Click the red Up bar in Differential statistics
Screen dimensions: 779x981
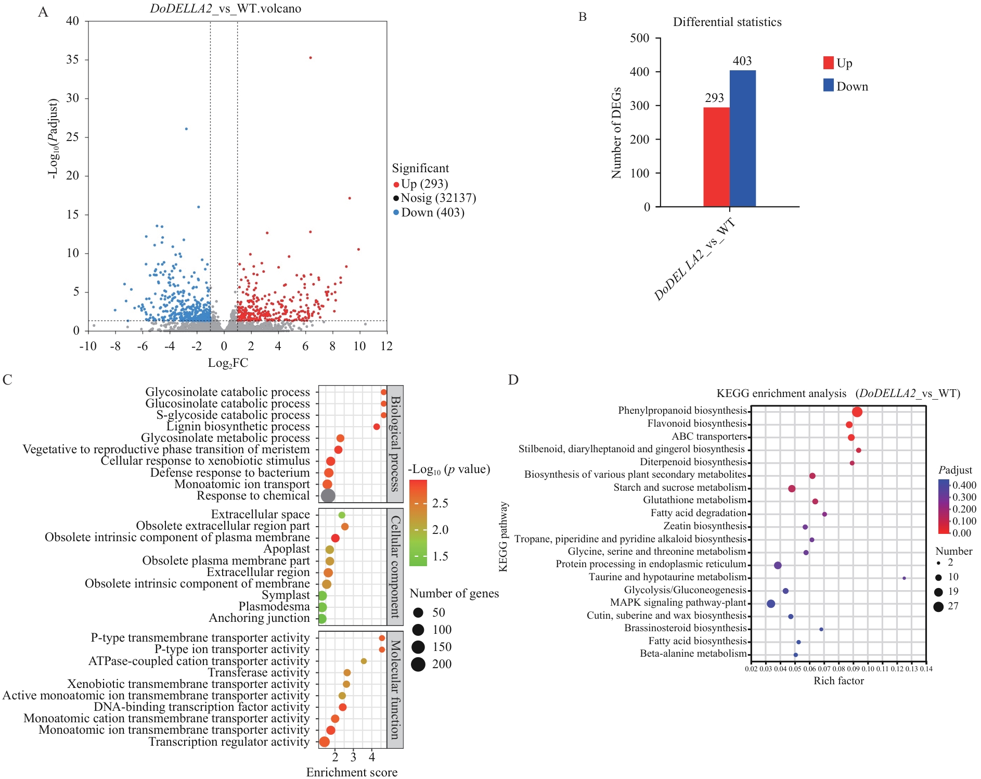716,157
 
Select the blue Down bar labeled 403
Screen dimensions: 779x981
742,138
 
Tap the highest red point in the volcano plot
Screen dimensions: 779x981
311,58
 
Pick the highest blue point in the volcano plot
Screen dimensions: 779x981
186,129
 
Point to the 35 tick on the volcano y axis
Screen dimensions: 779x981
73,60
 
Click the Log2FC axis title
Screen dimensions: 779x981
228,363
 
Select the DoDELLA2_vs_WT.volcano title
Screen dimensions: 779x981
225,9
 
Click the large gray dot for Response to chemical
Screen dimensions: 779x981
328,495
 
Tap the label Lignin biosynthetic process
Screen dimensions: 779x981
238,427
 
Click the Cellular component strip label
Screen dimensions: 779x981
395,567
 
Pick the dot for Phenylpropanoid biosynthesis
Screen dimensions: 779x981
857,412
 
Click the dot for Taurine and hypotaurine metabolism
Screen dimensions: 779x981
904,578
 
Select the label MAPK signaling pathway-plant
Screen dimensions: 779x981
678,603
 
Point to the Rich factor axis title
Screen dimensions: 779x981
838,681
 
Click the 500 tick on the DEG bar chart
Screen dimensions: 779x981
639,39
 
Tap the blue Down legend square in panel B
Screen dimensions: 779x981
829,85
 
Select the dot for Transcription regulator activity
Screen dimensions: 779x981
325,742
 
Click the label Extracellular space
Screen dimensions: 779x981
260,515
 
